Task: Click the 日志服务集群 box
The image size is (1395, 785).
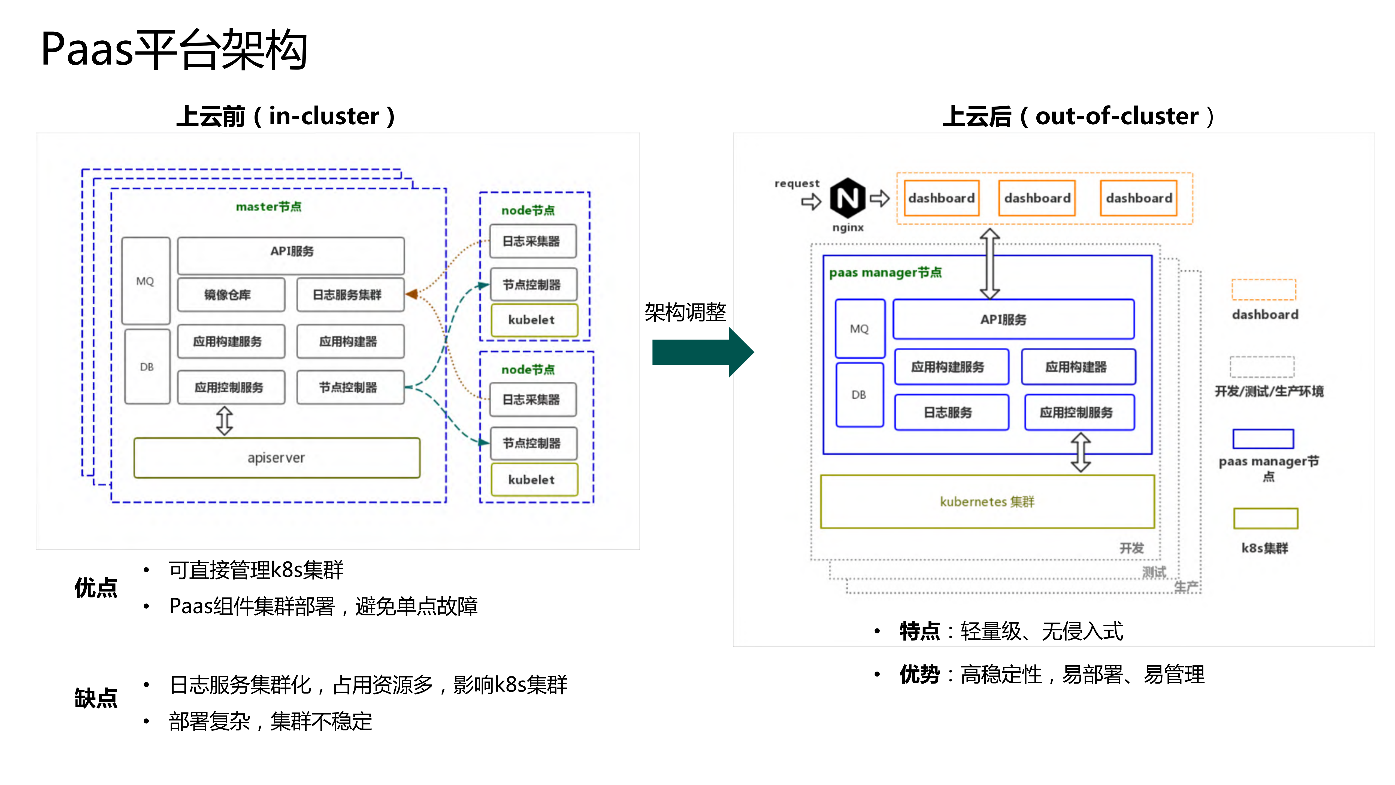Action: tap(350, 295)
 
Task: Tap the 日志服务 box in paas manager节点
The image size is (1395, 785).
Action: tap(951, 412)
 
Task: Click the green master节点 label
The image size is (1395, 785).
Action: tap(269, 206)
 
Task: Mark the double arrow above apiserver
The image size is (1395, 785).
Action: tap(225, 421)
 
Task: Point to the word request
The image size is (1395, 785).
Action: tap(797, 184)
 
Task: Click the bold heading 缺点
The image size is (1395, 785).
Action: tap(96, 698)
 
